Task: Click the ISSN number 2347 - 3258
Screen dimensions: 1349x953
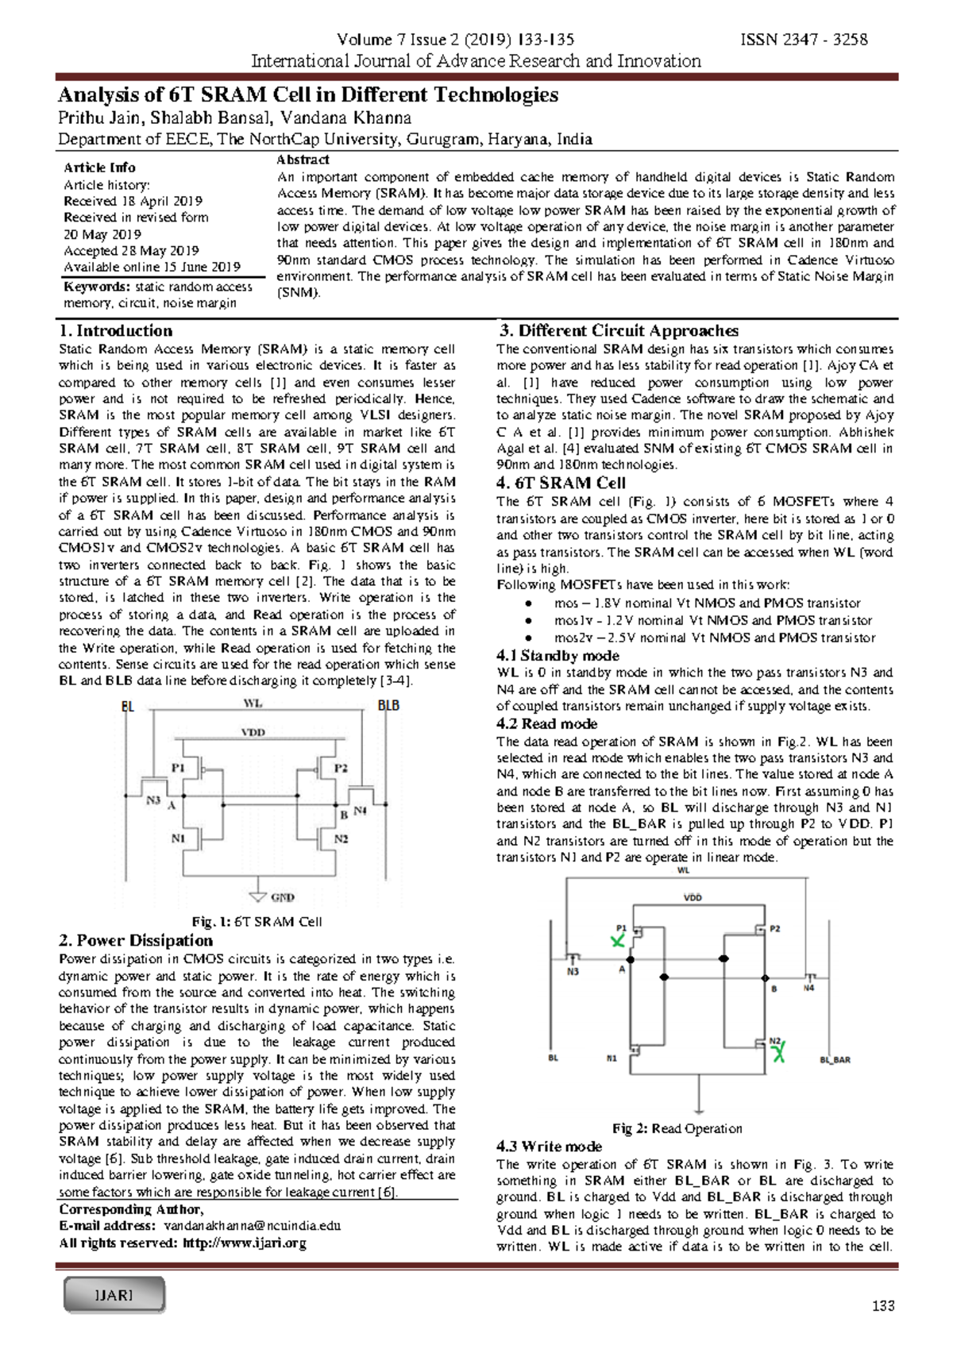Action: [804, 40]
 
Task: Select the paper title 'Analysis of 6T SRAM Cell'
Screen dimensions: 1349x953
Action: [307, 95]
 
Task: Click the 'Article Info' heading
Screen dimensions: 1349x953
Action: [99, 168]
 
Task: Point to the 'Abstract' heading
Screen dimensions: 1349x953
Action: [303, 160]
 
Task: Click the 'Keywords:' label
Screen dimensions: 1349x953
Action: [96, 287]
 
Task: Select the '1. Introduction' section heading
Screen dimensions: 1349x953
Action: [115, 331]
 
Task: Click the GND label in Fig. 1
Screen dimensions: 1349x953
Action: [283, 897]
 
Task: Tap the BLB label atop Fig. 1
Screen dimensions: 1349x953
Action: [388, 706]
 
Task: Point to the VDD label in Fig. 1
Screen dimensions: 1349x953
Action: [253, 732]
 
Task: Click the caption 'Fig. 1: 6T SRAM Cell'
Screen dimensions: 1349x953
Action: [257, 922]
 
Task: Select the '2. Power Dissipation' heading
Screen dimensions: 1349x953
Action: [136, 941]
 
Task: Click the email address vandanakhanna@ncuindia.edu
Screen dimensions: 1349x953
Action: [252, 1226]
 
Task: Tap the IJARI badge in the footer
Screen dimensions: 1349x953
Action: [114, 1295]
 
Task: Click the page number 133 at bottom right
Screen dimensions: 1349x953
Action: [883, 1306]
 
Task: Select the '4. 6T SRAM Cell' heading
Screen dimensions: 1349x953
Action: [561, 483]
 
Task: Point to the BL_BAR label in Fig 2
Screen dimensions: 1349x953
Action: [835, 1060]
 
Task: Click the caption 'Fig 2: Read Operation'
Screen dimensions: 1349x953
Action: [677, 1128]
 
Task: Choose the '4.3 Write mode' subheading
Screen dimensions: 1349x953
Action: [549, 1147]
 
